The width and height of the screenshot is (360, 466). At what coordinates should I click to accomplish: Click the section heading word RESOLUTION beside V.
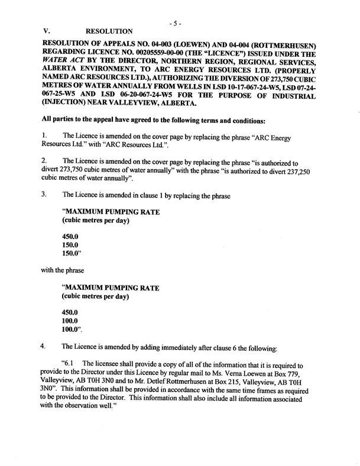(109, 31)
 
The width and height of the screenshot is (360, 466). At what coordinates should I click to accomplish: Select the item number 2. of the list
(45, 160)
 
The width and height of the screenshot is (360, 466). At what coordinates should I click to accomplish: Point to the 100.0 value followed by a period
(72, 329)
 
